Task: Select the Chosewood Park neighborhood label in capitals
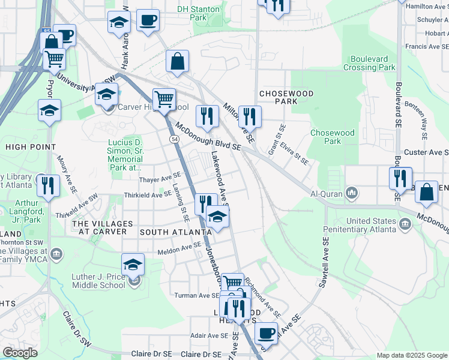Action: pos(278,97)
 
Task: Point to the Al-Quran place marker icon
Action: pos(352,194)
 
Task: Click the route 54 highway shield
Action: pos(174,139)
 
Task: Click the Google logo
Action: pos(20,353)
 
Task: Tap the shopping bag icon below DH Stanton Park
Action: pos(178,61)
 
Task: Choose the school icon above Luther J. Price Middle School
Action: pos(133,265)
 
